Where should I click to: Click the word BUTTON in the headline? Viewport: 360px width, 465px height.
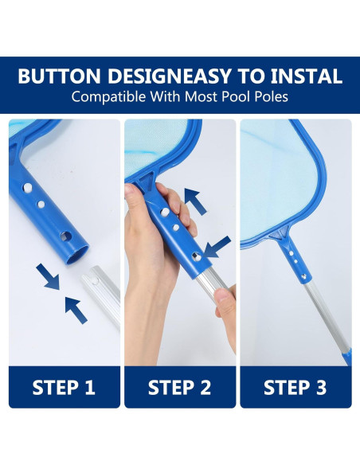[59, 76]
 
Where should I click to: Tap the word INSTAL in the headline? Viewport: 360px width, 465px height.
[306, 76]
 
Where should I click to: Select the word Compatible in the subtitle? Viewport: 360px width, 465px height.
[108, 97]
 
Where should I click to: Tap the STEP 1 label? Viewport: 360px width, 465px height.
[64, 387]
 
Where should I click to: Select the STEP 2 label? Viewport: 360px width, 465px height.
[179, 387]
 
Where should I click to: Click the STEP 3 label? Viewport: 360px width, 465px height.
[295, 387]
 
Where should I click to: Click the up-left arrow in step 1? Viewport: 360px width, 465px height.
[76, 311]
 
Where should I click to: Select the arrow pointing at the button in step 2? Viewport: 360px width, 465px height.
[217, 248]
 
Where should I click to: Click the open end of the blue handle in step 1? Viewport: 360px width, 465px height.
[77, 255]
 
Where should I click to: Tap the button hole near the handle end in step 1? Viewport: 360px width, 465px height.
[66, 236]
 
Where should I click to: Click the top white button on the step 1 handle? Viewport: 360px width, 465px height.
[28, 188]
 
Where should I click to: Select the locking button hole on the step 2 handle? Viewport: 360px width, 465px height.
[196, 256]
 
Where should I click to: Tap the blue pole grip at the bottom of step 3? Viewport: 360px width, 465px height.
[347, 357]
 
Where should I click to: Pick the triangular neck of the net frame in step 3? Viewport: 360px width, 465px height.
[279, 235]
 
